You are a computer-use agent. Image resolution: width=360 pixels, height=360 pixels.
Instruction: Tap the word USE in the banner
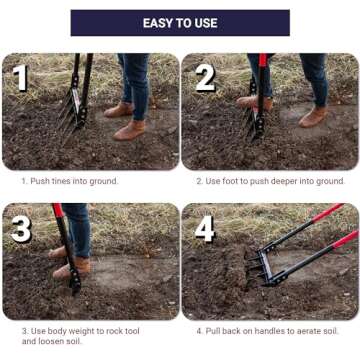point(206,23)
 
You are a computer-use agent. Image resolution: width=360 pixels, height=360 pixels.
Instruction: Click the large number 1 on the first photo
point(21,78)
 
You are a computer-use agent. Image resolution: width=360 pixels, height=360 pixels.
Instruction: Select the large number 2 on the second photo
point(205,78)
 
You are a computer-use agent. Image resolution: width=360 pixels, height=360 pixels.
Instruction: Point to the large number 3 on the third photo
point(21,229)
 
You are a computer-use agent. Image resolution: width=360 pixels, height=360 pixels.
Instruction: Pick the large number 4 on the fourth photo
point(205,229)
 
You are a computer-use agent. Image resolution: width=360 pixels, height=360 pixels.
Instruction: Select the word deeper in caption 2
point(280,181)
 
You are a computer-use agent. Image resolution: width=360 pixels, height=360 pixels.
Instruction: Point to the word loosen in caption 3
point(48,341)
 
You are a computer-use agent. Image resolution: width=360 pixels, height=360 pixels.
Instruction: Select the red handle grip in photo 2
point(263,60)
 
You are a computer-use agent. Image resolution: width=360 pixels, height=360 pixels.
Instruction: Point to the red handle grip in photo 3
point(58,210)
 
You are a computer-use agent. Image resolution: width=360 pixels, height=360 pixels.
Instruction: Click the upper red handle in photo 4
point(327,213)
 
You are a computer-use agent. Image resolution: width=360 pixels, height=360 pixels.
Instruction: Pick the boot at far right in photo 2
point(313,117)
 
